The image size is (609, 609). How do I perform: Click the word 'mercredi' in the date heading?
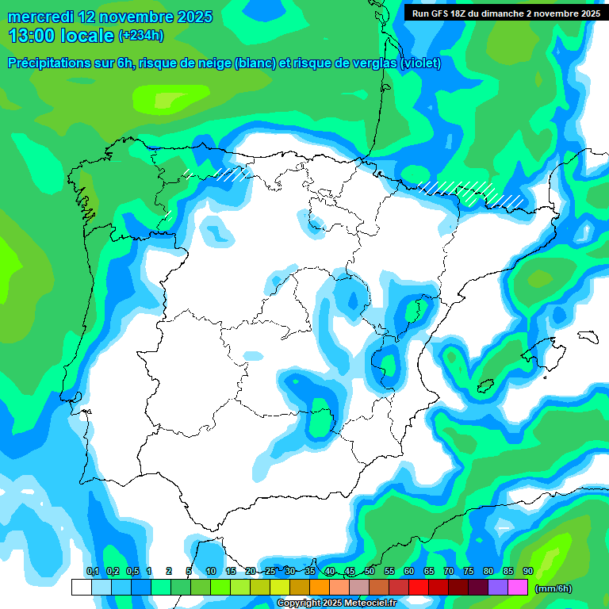38,17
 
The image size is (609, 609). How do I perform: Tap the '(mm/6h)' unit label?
553,588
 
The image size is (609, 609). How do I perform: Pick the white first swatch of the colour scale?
81,587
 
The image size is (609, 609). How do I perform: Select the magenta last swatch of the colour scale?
518,587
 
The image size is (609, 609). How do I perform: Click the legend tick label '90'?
527,571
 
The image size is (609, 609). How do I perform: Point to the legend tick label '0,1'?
92,571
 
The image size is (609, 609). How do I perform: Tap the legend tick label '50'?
370,571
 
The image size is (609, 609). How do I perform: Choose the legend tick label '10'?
211,571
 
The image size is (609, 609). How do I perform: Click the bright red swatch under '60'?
419,587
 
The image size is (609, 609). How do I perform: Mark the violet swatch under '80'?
498,587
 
